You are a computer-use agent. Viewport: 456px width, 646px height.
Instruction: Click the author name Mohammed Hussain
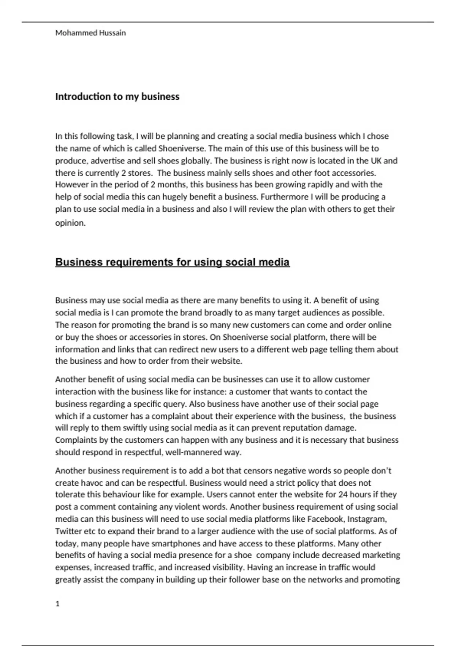pos(90,33)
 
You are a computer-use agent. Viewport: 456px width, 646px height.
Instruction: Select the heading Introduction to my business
pos(117,97)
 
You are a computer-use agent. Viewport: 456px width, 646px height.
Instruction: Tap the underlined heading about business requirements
pos(173,262)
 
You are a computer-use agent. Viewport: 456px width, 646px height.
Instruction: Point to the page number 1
pos(58,604)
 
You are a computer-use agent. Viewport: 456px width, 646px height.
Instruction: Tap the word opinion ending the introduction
pos(70,223)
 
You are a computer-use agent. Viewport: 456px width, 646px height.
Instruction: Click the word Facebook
pos(325,519)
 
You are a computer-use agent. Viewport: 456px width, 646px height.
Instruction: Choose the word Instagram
pos(367,519)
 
